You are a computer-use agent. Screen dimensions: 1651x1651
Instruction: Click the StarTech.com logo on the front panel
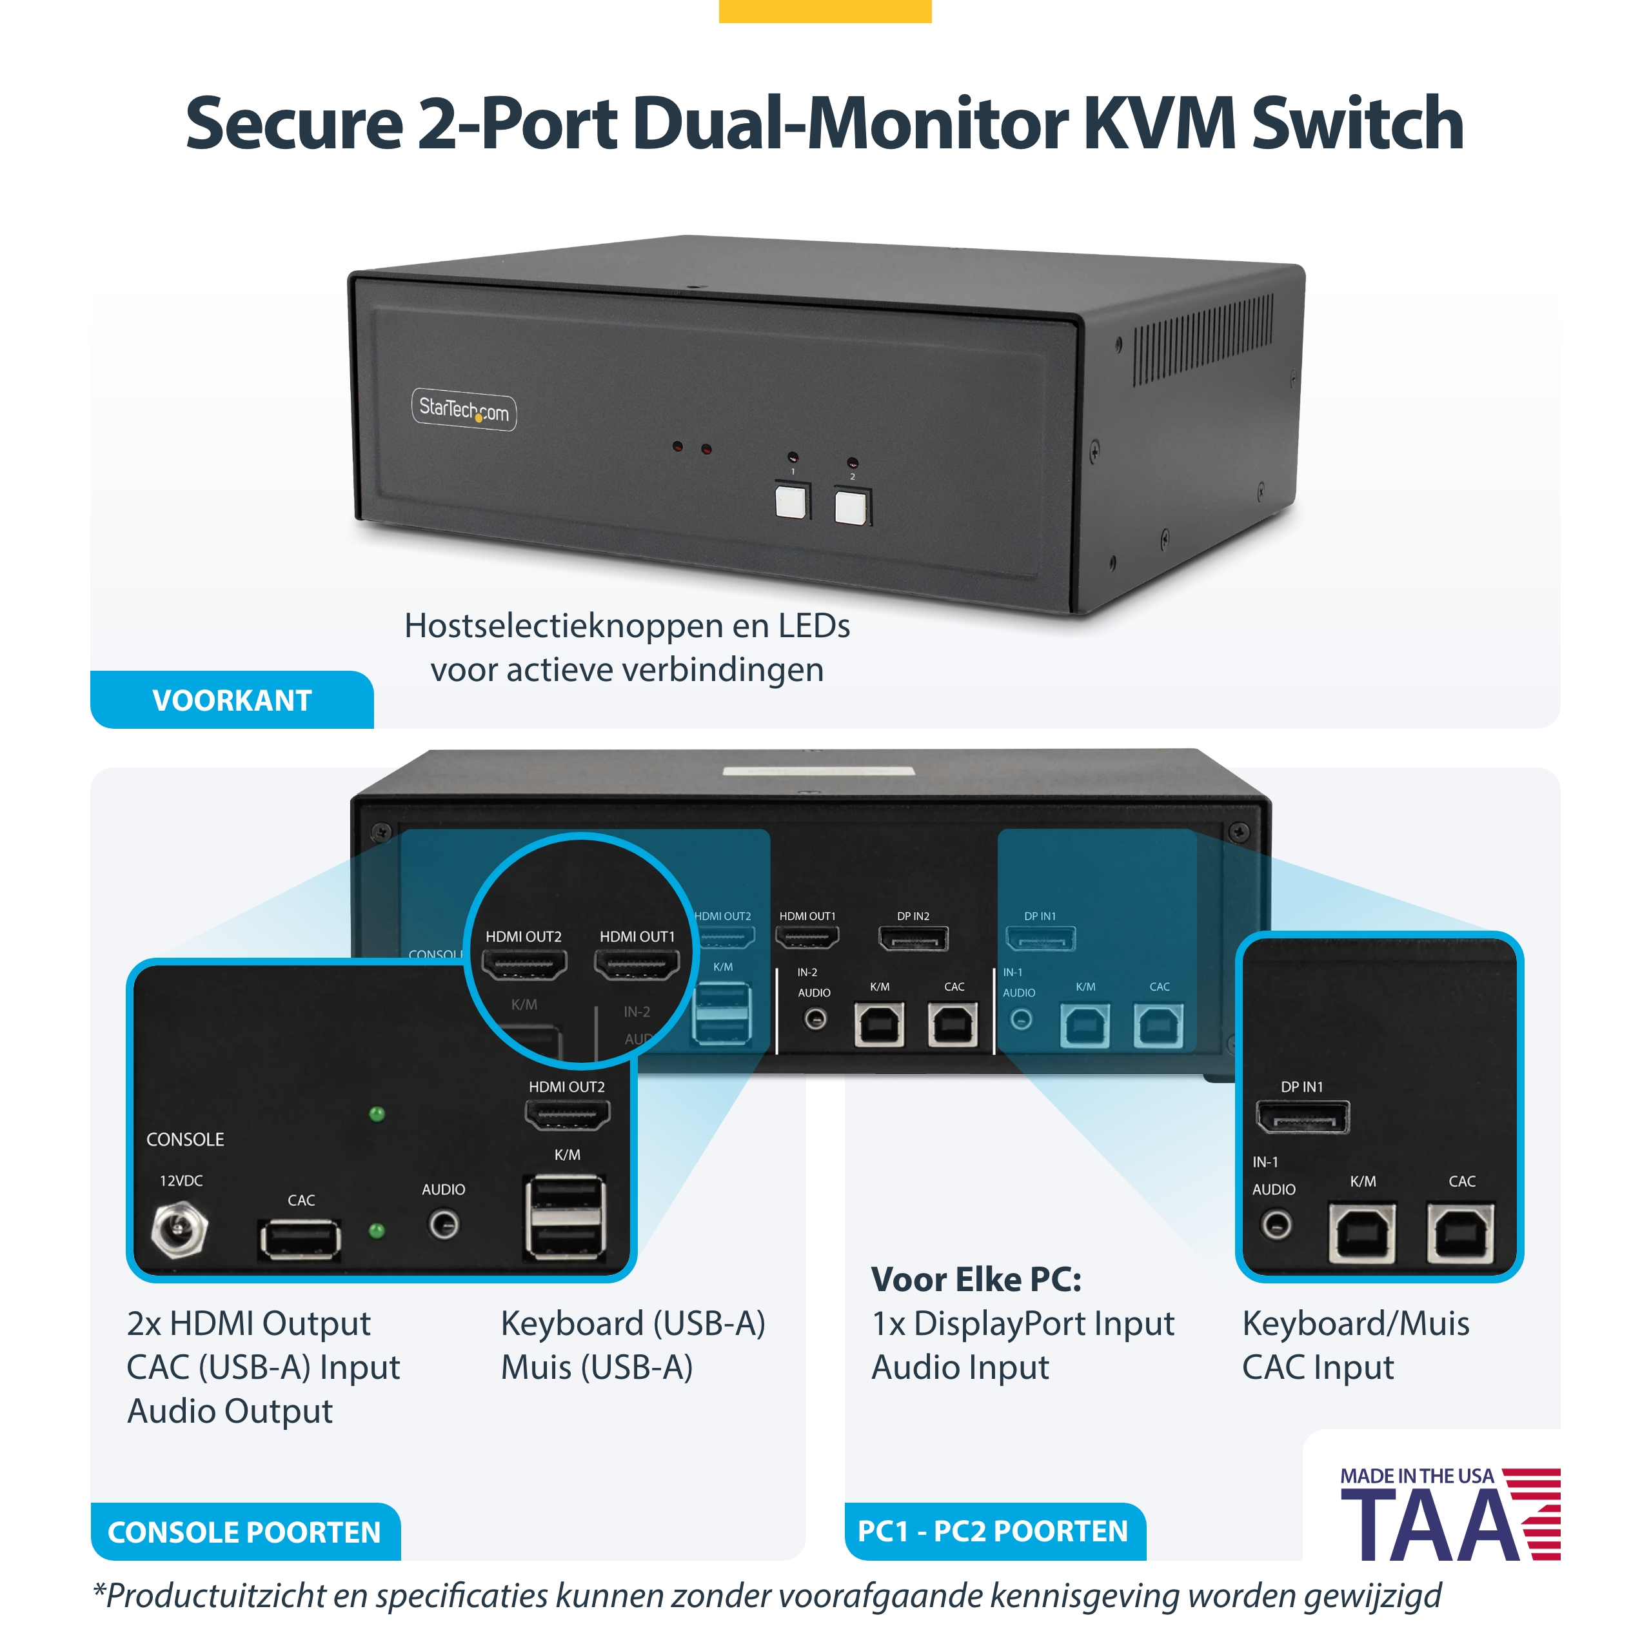pos(464,410)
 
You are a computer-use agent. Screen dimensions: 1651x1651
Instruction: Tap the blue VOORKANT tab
pos(232,700)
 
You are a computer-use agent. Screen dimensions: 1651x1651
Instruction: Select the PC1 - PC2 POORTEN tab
pos(994,1531)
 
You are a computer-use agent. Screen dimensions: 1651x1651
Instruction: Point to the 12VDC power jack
pos(179,1231)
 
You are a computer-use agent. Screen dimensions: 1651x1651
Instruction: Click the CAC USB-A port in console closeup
pos(300,1239)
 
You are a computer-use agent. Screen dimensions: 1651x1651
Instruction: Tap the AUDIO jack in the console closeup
pos(444,1225)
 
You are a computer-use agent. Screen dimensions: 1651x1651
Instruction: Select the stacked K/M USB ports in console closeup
pos(567,1217)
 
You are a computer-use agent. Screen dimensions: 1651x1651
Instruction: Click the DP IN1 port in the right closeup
pos(1302,1117)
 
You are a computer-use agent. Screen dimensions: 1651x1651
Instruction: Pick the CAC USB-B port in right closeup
pos(1461,1233)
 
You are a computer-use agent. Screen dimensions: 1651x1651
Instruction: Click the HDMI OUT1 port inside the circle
pos(637,965)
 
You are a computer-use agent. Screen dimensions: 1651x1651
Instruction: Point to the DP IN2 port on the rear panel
pos(913,939)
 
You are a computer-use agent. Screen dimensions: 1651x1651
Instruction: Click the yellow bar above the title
pos(825,11)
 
